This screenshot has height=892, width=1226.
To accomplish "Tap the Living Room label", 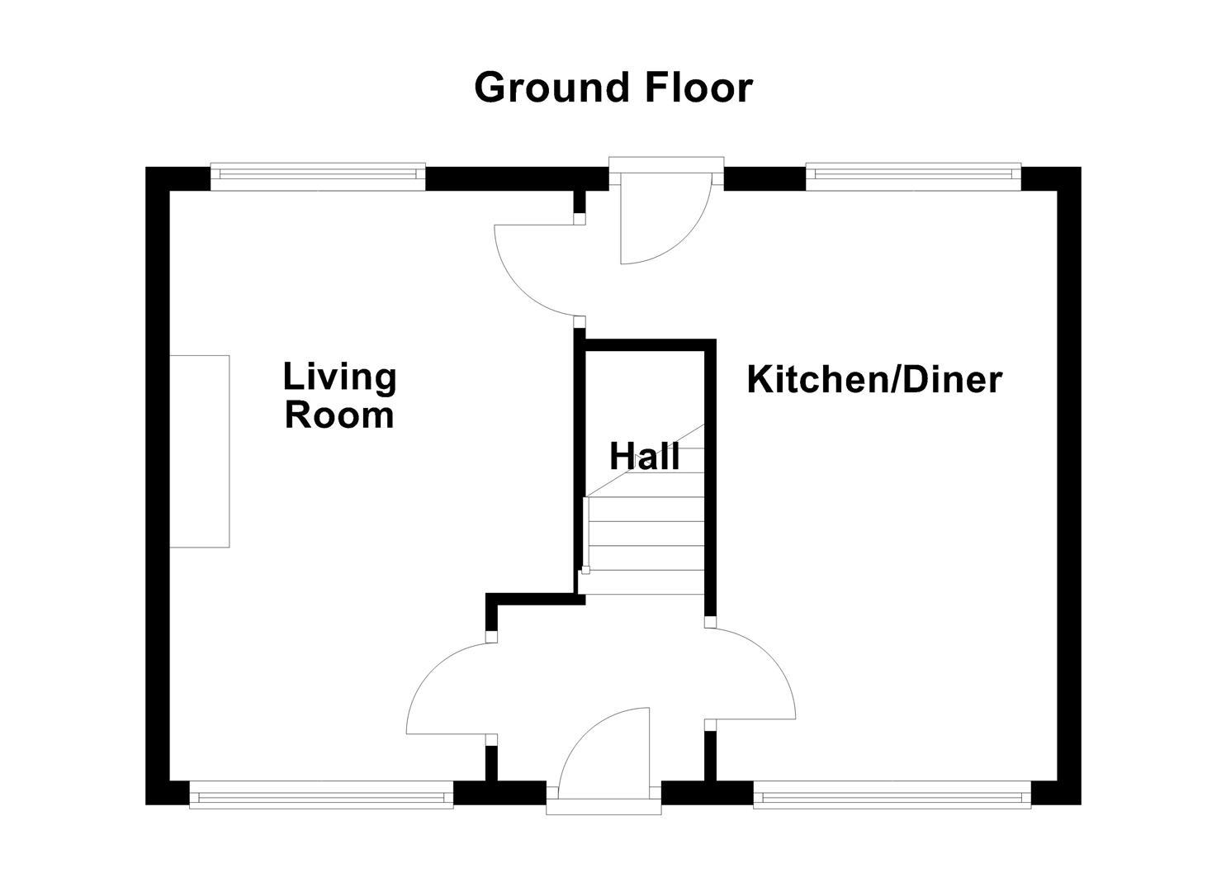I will [339, 396].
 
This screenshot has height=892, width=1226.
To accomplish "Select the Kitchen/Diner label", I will [873, 380].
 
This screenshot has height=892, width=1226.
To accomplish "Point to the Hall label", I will [645, 456].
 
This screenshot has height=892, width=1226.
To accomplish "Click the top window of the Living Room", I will [318, 174].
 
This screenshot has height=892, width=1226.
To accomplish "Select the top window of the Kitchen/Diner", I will [913, 174].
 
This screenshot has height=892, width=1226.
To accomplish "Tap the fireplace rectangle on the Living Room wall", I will [199, 451].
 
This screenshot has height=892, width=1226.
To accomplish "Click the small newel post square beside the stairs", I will [586, 570].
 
